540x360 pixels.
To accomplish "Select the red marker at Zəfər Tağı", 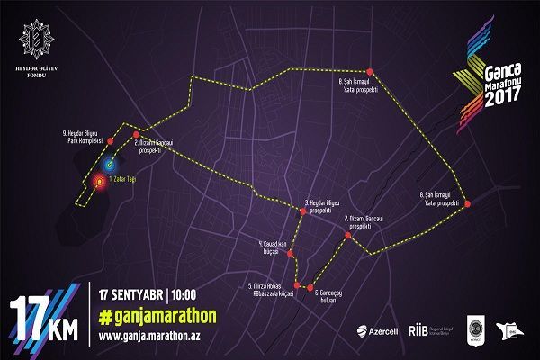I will click(x=98, y=179).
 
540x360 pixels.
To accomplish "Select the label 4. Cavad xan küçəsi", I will click(x=273, y=247).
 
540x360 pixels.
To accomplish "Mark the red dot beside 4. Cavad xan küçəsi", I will click(x=290, y=254).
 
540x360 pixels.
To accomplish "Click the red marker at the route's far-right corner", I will click(x=466, y=204).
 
